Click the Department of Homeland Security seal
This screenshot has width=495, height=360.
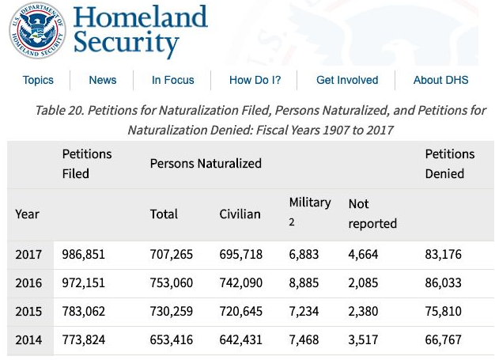37,31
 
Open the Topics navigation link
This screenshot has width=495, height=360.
38,80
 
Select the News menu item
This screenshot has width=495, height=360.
103,80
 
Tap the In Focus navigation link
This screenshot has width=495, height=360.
173,80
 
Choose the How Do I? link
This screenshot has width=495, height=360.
255,80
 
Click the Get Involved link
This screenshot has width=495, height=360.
347,80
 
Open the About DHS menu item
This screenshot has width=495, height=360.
440,80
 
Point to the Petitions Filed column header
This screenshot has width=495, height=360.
87,163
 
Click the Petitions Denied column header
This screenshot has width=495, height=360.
450,163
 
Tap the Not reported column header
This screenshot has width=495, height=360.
372,214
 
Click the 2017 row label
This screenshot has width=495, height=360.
28,255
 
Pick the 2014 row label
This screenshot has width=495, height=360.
28,340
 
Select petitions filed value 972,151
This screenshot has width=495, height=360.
84,283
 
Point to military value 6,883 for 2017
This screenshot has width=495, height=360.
305,255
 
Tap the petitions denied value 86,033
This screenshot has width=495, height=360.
444,283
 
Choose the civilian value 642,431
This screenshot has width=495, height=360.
241,340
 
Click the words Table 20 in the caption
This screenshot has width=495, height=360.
58,110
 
